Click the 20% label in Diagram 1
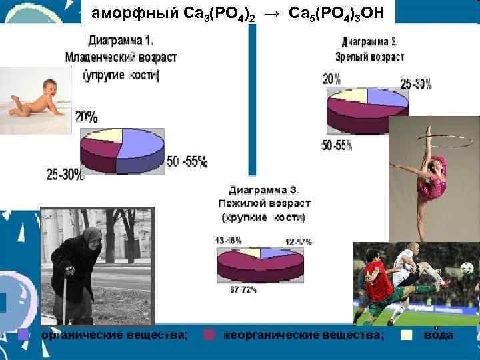(x=86, y=117)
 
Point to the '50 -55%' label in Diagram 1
(x=188, y=161)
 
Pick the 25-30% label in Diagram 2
(x=415, y=84)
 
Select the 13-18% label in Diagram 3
(x=228, y=239)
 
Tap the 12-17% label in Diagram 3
(x=298, y=241)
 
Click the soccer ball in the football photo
(x=467, y=267)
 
